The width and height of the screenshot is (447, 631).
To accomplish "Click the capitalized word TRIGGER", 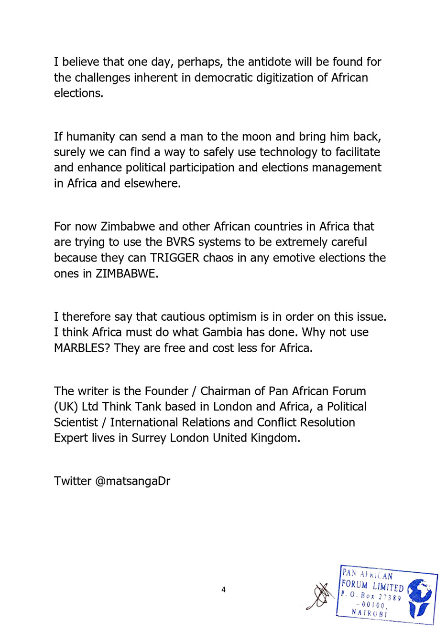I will pyautogui.click(x=174, y=258).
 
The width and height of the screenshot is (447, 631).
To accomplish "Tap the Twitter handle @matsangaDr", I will pyautogui.click(x=133, y=481).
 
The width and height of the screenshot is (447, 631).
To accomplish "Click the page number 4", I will pyautogui.click(x=223, y=590).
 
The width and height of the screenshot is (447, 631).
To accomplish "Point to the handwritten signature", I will pyautogui.click(x=321, y=595).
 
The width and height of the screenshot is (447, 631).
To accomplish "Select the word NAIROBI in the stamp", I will pyautogui.click(x=369, y=612).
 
